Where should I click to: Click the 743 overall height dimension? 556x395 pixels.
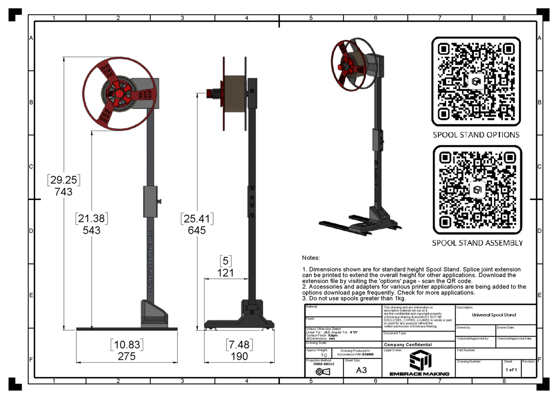pos(63,191)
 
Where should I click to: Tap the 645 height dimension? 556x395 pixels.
pos(197,230)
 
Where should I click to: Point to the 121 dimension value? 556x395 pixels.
pos(225,273)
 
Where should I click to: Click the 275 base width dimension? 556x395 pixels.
pos(126,357)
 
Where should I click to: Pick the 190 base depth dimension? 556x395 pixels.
pos(239,357)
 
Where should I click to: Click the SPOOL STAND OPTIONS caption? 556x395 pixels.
pos(476,135)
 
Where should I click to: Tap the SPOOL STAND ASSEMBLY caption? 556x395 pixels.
pos(477,243)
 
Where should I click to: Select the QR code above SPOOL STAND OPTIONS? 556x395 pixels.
pos(476,82)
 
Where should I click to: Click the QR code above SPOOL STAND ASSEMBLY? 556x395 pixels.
pos(476,190)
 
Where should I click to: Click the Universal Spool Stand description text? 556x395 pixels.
pos(493,315)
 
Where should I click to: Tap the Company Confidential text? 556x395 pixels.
pos(407,345)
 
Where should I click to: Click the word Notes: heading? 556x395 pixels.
pos(311,257)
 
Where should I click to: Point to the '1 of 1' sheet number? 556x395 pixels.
pos(512,370)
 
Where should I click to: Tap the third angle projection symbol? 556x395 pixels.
pos(320,371)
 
